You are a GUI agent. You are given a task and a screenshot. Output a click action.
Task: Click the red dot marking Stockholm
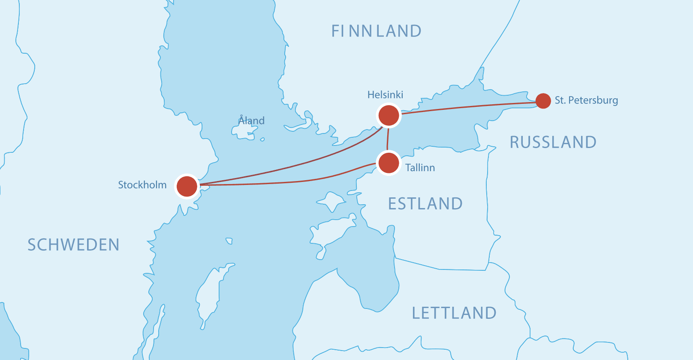(x=187, y=186)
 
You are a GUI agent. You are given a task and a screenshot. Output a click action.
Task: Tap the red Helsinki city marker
(x=389, y=115)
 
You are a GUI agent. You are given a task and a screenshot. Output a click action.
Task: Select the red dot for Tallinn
(x=389, y=163)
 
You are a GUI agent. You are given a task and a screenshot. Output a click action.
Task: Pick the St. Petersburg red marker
(x=543, y=101)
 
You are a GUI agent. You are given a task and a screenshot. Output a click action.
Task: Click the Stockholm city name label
(x=142, y=185)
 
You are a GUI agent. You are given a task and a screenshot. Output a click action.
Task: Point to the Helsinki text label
(x=385, y=95)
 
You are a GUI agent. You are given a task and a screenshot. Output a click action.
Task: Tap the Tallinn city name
(x=420, y=168)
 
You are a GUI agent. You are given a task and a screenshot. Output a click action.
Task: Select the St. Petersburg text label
(x=586, y=100)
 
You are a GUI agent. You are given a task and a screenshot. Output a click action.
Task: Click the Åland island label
(x=252, y=121)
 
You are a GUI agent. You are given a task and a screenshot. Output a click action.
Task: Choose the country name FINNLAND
(x=376, y=31)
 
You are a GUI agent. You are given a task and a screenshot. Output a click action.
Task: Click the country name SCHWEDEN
(x=73, y=245)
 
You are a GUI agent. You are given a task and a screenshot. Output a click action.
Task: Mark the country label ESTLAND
(x=425, y=204)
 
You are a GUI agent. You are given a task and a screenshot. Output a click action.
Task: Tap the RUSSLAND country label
(x=553, y=142)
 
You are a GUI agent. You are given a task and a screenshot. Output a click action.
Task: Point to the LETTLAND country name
(x=454, y=313)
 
